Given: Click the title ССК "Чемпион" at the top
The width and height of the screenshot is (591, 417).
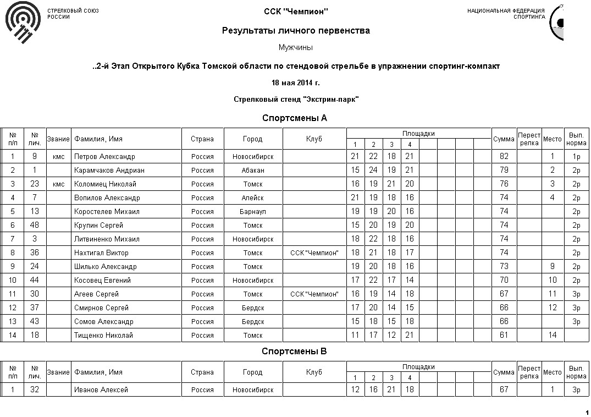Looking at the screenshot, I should click(296, 12).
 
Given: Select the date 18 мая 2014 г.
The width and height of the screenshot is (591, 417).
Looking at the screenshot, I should click(295, 83).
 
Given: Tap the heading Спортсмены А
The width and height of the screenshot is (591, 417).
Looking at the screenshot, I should click(295, 118).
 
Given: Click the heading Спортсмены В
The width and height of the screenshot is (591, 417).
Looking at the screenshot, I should click(294, 351).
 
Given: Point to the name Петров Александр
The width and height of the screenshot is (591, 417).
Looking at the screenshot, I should click(104, 157).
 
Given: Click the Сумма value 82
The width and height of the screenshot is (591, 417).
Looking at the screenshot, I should click(504, 157).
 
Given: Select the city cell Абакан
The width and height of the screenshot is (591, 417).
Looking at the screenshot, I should click(253, 171).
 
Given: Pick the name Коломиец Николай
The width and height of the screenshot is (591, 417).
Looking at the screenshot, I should click(105, 184).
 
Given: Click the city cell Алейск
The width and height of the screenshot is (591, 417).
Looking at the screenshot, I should click(253, 198).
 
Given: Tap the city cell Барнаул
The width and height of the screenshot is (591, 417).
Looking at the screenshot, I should click(253, 212).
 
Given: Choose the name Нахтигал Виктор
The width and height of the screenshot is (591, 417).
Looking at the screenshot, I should click(101, 253).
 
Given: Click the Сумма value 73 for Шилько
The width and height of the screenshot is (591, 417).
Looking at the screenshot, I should click(504, 267).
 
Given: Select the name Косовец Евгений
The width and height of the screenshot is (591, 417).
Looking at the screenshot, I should click(102, 281).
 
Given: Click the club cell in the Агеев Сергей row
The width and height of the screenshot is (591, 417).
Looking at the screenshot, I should click(314, 294).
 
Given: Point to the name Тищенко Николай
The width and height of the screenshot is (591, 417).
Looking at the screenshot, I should click(103, 336).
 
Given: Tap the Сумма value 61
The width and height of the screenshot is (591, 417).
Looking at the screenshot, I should click(504, 336).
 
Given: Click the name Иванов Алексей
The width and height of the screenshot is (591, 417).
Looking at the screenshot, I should click(101, 390).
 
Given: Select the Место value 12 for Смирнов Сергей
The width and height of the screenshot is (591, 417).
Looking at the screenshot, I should click(553, 308).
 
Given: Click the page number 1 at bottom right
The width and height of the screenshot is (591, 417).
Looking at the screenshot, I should click(587, 412).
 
